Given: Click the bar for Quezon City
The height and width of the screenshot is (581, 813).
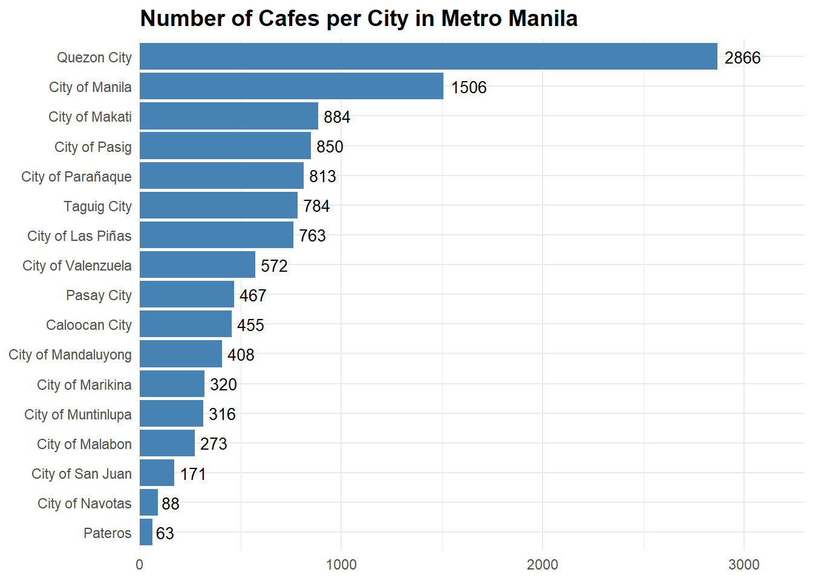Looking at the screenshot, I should click(x=428, y=57).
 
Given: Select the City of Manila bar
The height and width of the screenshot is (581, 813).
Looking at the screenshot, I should click(x=291, y=87).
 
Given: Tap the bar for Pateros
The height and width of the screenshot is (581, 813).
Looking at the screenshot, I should click(x=146, y=533).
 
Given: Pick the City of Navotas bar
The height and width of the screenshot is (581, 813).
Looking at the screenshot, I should click(x=149, y=503).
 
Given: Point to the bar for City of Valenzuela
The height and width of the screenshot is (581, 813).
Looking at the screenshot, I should click(x=197, y=265).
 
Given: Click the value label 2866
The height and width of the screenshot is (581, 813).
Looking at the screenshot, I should click(x=742, y=58).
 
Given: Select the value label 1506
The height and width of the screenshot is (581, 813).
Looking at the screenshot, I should click(x=468, y=88).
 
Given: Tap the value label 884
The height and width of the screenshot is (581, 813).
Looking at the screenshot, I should click(x=336, y=117).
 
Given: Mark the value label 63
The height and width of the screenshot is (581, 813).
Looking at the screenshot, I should click(x=165, y=534).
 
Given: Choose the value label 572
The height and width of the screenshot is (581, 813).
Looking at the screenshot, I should click(x=274, y=266).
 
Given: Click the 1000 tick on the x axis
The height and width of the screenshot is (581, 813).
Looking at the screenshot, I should click(x=341, y=565).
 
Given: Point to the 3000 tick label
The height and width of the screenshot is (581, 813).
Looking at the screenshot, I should click(x=743, y=565).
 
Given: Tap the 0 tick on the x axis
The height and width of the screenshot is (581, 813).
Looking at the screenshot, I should click(x=140, y=565).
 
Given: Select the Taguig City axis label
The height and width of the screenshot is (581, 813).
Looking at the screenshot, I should click(x=97, y=206).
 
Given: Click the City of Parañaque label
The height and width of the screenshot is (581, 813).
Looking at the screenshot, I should click(x=76, y=177).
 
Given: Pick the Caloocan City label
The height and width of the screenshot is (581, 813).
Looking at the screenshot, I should click(x=89, y=325).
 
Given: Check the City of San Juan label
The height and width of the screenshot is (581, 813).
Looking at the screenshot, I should click(x=82, y=474).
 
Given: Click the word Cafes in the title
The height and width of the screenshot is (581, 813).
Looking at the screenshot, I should click(x=289, y=19).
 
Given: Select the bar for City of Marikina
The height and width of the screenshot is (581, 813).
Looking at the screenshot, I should click(x=172, y=384).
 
